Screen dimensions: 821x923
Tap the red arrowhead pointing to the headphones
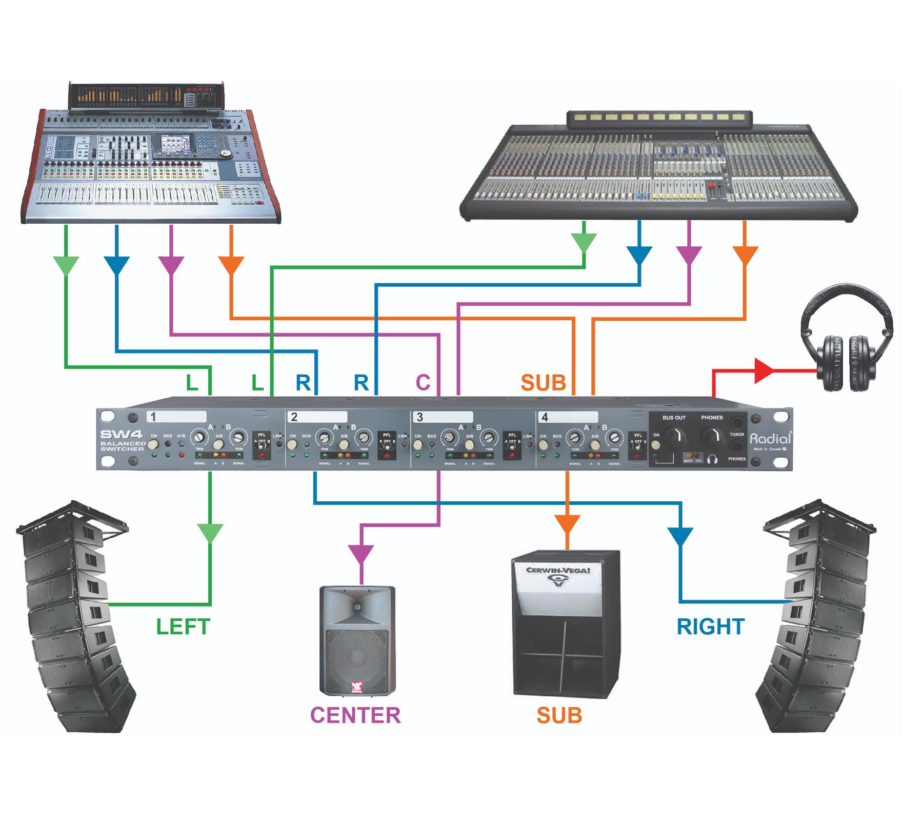[x=764, y=370]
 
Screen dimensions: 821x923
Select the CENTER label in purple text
[x=355, y=715]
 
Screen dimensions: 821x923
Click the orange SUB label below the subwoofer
[x=559, y=715]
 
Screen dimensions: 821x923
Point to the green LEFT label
[x=183, y=627]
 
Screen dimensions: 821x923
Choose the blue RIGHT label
[x=711, y=627]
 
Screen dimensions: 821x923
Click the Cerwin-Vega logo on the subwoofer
[x=558, y=574]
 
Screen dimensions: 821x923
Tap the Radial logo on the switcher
[x=770, y=439]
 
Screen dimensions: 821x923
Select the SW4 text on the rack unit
[x=122, y=434]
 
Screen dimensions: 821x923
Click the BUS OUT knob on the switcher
[x=674, y=437]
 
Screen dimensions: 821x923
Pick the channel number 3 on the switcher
[x=419, y=417]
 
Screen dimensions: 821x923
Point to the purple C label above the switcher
[x=423, y=383]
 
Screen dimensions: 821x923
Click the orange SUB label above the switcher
[x=543, y=383]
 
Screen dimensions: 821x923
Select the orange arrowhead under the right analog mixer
[x=745, y=255]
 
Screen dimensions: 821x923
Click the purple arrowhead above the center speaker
[x=361, y=554]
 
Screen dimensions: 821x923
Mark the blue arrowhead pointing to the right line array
[x=680, y=537]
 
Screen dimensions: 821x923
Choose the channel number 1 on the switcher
[x=153, y=417]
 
